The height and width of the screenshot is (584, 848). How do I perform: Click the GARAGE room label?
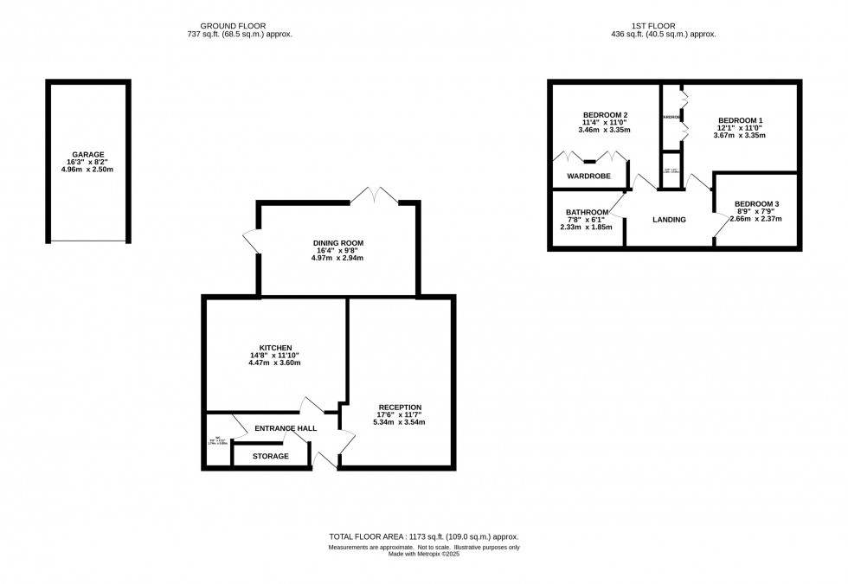point(87,154)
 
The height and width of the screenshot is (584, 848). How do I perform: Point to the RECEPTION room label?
point(400,407)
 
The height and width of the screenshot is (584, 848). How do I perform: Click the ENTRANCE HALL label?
point(285,428)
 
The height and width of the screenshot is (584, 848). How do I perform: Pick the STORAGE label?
point(271,456)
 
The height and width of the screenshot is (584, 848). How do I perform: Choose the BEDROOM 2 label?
point(605,115)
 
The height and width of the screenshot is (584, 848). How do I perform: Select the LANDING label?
point(668,220)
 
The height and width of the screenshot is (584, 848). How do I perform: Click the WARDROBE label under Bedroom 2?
point(588,176)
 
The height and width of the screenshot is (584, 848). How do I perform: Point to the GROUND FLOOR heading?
point(234,27)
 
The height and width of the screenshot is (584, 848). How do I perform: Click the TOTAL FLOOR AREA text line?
point(423,537)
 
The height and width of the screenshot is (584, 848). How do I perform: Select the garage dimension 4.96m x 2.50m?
point(87,170)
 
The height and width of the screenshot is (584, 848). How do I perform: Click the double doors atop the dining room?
point(374,196)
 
